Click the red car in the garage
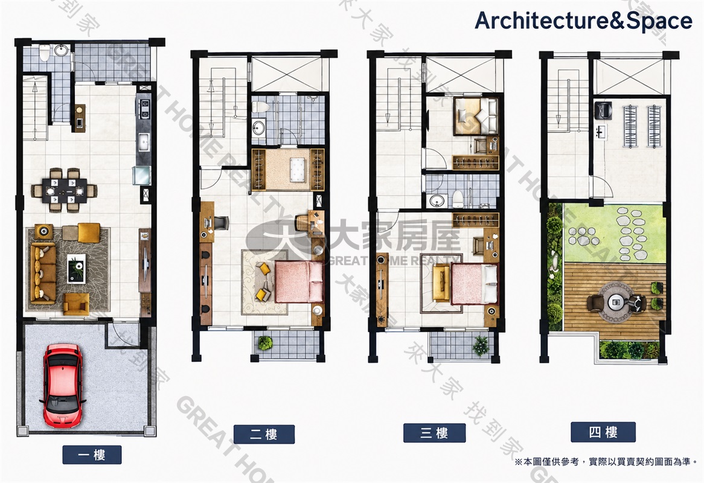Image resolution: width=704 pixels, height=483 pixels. [x=63, y=386]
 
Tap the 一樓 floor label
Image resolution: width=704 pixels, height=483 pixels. [x=92, y=455]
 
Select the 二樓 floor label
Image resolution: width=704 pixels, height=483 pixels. [x=264, y=434]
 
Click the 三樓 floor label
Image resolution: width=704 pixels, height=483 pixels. [x=434, y=433]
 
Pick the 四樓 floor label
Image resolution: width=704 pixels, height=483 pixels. [x=603, y=432]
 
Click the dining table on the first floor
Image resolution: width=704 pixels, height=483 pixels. [x=64, y=190]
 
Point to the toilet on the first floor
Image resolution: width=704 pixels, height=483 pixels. [x=45, y=53]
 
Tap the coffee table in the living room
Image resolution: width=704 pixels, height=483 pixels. [x=76, y=269]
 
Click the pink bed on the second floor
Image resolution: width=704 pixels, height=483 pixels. [x=299, y=282]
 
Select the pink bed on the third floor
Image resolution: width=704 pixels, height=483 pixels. [x=475, y=284]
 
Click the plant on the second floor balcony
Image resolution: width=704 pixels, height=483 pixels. [x=265, y=343]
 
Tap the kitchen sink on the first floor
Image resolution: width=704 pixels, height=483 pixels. [x=144, y=142]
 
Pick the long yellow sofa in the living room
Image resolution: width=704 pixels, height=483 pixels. [x=43, y=272]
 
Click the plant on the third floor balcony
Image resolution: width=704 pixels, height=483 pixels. [x=481, y=345]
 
